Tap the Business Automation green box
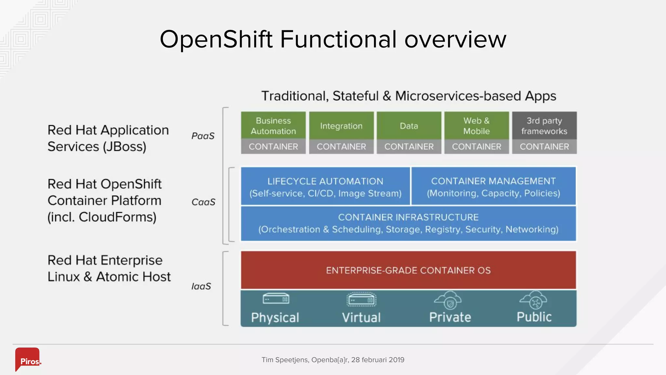273,126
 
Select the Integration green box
341,126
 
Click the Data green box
409,126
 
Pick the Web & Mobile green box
476,126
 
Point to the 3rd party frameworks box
544,126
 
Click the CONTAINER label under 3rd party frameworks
544,147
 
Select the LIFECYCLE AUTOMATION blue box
325,187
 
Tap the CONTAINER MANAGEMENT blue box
493,187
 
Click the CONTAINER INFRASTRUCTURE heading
408,217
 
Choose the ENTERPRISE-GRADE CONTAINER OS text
408,270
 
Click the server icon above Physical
276,299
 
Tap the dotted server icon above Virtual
361,299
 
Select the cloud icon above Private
448,300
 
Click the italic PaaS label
203,136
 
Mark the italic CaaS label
203,202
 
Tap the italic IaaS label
201,286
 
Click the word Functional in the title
338,39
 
